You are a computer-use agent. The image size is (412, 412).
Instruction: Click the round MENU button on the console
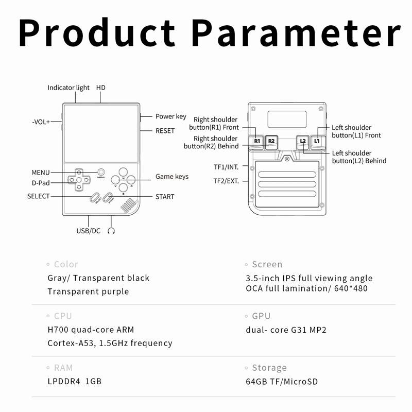(x=101, y=172)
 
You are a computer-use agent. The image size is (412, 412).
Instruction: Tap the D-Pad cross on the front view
(x=79, y=180)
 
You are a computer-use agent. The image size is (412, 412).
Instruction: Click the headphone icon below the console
(x=111, y=231)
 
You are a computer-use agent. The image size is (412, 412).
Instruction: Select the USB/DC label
(x=88, y=231)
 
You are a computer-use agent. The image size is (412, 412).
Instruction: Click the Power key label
(x=171, y=116)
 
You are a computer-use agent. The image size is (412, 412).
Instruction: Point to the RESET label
(x=165, y=131)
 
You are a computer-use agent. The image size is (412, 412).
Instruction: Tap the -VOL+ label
(x=41, y=122)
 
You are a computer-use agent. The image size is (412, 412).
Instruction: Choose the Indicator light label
(x=68, y=88)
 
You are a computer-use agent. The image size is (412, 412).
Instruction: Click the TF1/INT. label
(x=226, y=167)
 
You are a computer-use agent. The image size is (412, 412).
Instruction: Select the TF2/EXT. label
(x=226, y=181)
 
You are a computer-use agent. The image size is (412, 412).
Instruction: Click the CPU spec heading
(x=63, y=316)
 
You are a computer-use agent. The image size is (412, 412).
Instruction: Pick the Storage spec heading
(x=269, y=368)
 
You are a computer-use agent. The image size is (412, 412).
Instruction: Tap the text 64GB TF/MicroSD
(x=282, y=381)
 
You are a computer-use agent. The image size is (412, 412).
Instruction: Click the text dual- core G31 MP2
(x=286, y=330)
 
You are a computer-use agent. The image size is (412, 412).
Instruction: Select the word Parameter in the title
(x=296, y=33)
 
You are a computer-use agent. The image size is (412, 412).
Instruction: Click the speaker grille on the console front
(x=129, y=205)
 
